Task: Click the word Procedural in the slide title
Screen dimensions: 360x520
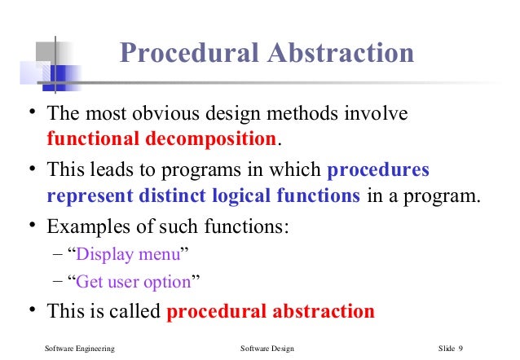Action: [x=186, y=54]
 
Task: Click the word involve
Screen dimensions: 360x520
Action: [x=375, y=114]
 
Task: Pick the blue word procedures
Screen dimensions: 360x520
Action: [x=377, y=172]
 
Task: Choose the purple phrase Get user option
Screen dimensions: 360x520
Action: [x=134, y=283]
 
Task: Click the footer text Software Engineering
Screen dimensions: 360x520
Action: [x=78, y=349]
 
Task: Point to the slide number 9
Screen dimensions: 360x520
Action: [x=461, y=349]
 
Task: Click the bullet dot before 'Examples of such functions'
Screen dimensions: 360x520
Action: [x=30, y=226]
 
